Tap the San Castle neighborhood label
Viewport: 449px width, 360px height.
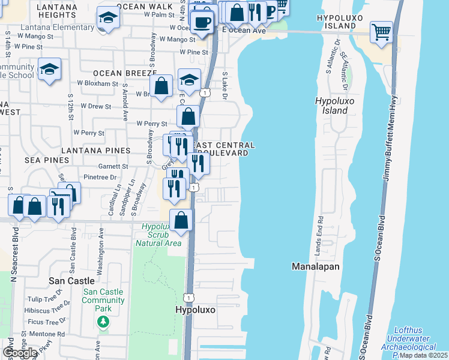pyautogui.click(x=73, y=281)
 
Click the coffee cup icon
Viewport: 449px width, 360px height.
pyautogui.click(x=201, y=22)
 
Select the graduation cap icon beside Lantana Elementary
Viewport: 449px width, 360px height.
pyautogui.click(x=107, y=18)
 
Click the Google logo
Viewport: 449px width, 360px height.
pyautogui.click(x=20, y=353)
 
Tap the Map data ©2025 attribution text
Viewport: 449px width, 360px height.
pyautogui.click(x=423, y=355)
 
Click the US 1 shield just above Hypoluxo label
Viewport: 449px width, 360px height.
pyautogui.click(x=188, y=297)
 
